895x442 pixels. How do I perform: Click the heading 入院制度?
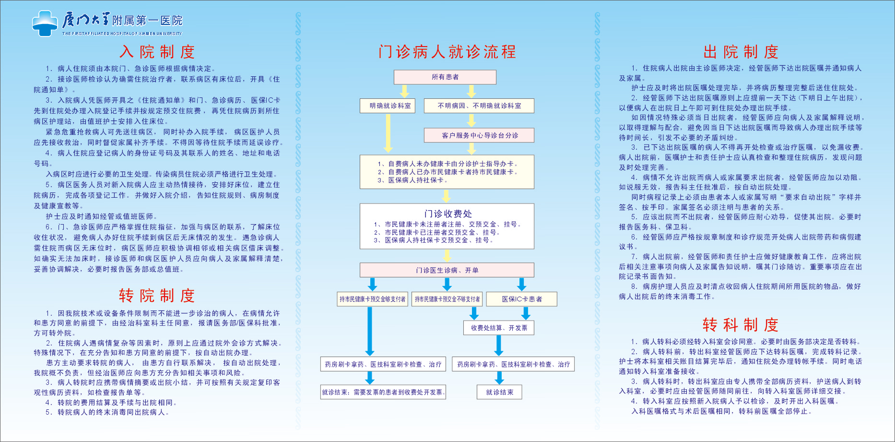point(157,52)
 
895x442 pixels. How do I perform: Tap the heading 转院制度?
point(157,296)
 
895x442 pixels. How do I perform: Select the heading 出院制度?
point(741,52)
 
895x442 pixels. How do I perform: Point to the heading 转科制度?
point(741,325)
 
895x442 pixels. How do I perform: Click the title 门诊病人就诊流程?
point(447,52)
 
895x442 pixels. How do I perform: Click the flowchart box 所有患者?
point(445,77)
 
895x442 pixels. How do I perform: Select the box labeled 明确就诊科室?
point(388,106)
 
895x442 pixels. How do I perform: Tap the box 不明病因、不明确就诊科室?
point(479,106)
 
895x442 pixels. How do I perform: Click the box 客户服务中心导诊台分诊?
point(479,135)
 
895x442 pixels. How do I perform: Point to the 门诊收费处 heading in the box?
point(447,214)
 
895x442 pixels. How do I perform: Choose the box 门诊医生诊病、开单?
point(447,270)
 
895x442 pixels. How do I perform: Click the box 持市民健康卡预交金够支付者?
point(373,299)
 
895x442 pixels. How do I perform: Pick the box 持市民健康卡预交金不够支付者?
point(447,299)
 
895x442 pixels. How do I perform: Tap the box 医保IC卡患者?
point(522,299)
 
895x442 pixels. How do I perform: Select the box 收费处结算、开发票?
point(499,328)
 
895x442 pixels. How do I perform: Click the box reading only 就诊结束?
point(499,392)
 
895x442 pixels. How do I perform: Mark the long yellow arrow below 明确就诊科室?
point(388,133)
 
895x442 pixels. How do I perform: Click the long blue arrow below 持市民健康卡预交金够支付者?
point(370,331)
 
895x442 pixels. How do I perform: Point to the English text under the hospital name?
point(122,34)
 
